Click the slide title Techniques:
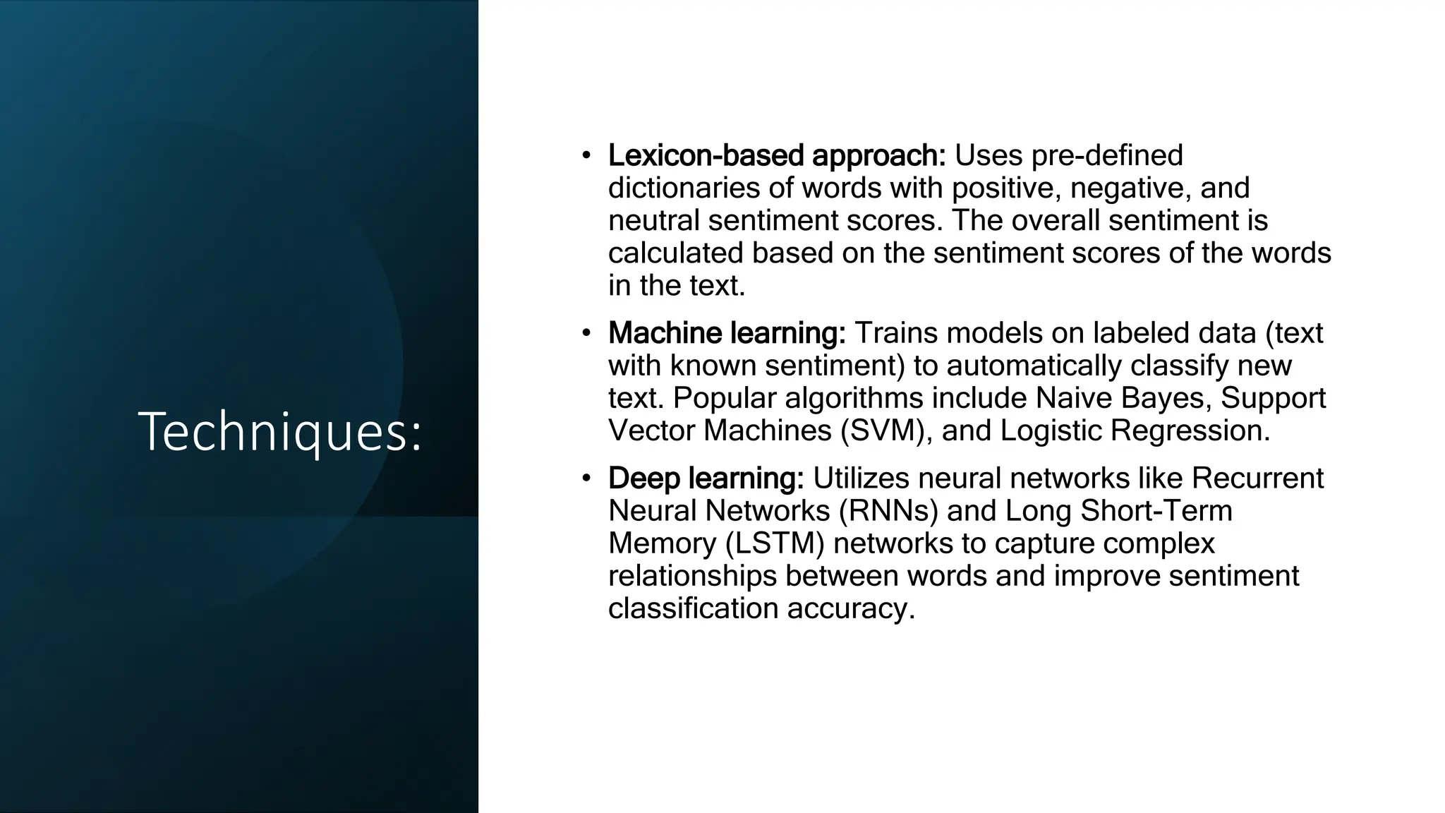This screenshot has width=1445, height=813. coord(280,432)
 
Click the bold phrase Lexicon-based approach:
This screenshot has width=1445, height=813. coord(776,155)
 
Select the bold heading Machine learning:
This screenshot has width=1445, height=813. coord(727,333)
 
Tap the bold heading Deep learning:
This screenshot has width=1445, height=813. coord(706,478)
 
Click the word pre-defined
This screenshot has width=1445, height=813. coord(1107,155)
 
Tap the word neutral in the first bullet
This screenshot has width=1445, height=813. coord(654,220)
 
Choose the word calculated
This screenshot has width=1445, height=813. coord(675,253)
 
